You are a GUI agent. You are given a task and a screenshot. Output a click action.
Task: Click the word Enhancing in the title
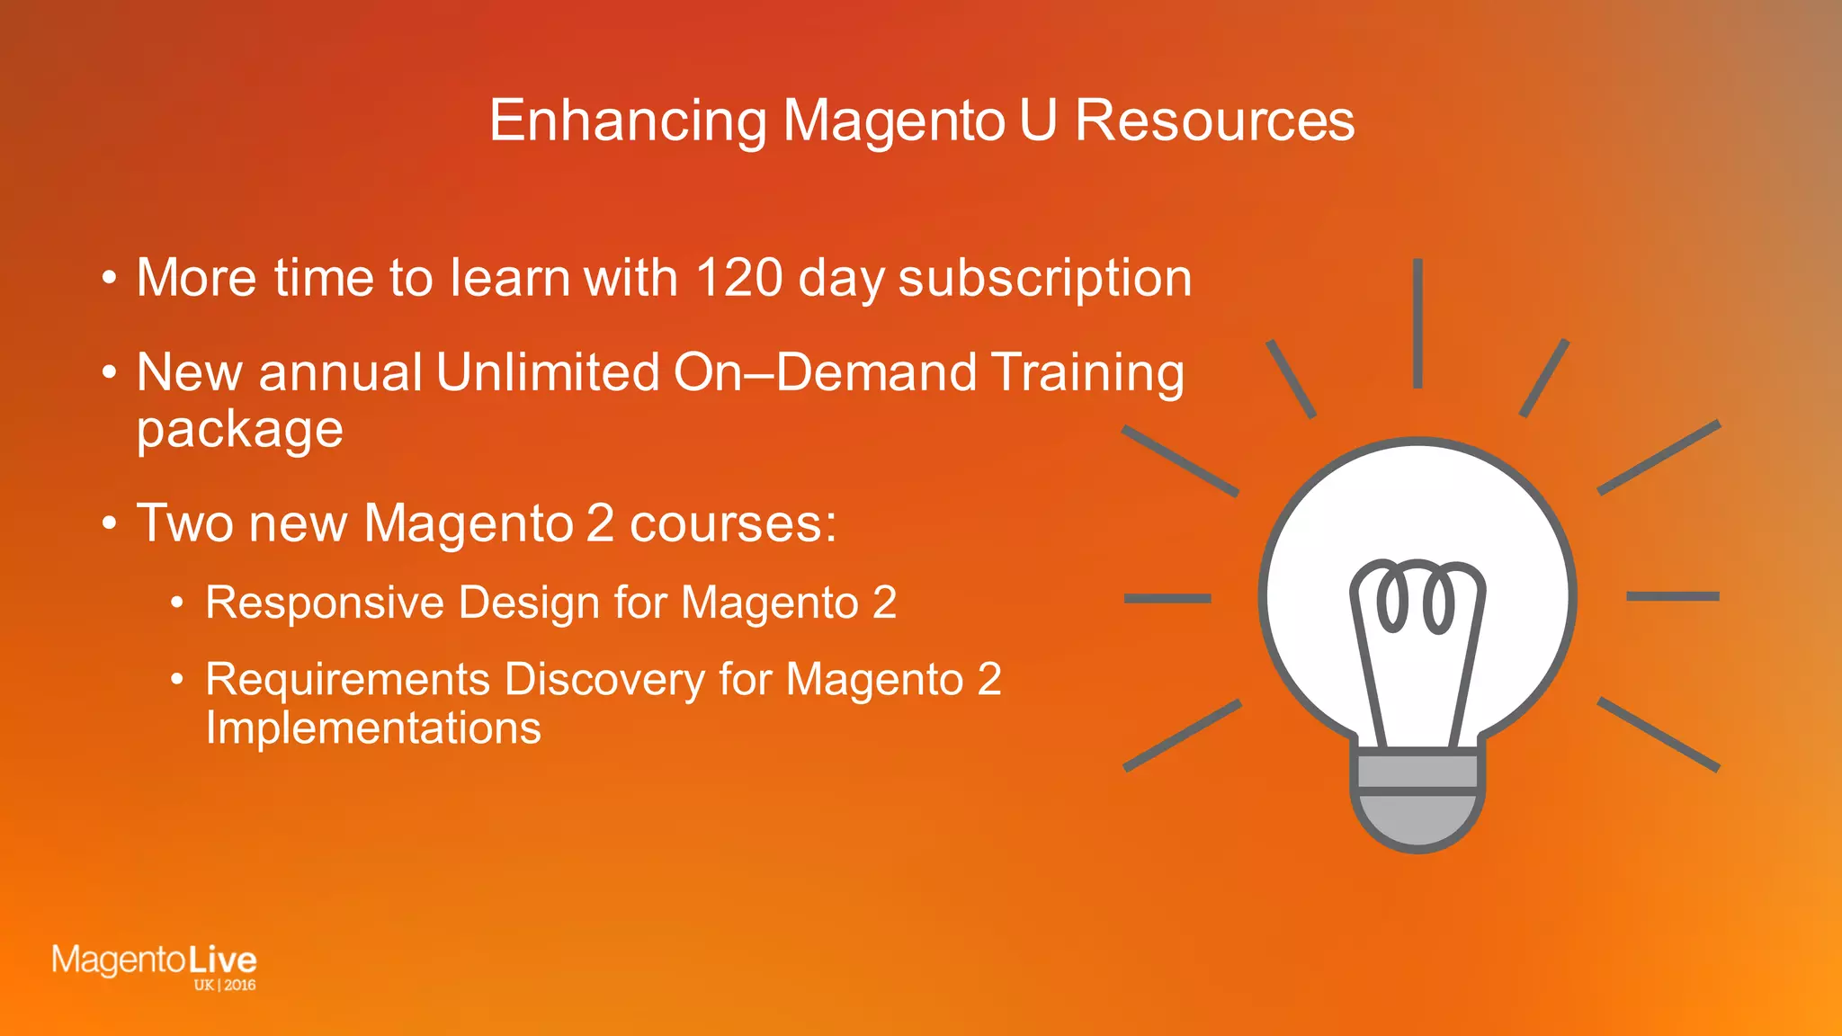pyautogui.click(x=628, y=121)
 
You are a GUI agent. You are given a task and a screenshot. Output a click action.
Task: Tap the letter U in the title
pyautogui.click(x=1038, y=121)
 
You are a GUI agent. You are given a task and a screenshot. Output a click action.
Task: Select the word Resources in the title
pyautogui.click(x=1214, y=121)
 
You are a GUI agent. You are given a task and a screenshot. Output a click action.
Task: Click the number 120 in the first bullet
pyautogui.click(x=739, y=277)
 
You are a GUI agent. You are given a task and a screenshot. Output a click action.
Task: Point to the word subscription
pyautogui.click(x=1045, y=279)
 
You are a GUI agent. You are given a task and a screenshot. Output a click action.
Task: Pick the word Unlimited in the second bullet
pyautogui.click(x=546, y=372)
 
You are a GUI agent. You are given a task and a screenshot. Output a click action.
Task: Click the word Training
pyautogui.click(x=1087, y=374)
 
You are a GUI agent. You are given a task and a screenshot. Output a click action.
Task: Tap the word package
pyautogui.click(x=239, y=430)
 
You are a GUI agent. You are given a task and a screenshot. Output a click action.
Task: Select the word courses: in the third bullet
pyautogui.click(x=733, y=523)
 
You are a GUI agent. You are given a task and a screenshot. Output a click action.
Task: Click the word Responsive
pyautogui.click(x=325, y=603)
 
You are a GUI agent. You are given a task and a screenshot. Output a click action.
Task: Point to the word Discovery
pyautogui.click(x=604, y=680)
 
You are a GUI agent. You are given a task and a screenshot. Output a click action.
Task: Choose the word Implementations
pyautogui.click(x=373, y=728)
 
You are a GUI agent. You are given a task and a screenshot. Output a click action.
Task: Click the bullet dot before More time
pyautogui.click(x=109, y=279)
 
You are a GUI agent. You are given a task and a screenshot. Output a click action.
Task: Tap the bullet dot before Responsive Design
pyautogui.click(x=178, y=603)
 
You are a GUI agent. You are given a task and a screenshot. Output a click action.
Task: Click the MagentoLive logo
pyautogui.click(x=154, y=960)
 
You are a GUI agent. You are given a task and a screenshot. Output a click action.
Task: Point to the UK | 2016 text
pyautogui.click(x=225, y=985)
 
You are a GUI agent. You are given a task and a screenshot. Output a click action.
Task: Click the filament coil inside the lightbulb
pyautogui.click(x=1417, y=596)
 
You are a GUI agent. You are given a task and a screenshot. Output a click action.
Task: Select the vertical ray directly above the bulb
pyautogui.click(x=1417, y=324)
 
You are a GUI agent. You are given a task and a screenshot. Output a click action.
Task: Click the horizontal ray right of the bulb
pyautogui.click(x=1673, y=596)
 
